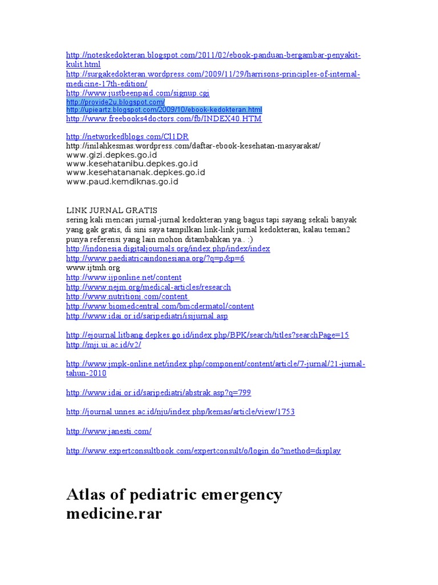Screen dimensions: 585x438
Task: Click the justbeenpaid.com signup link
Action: pyautogui.click(x=137, y=93)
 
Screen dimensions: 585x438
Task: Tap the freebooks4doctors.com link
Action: pyautogui.click(x=164, y=119)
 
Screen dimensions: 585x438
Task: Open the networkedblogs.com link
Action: pyautogui.click(x=127, y=137)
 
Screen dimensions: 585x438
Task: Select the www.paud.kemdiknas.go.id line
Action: pyautogui.click(x=122, y=182)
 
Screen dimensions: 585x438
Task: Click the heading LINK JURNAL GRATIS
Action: pyautogui.click(x=112, y=210)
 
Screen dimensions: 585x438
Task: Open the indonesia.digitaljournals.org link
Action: pyautogui.click(x=168, y=249)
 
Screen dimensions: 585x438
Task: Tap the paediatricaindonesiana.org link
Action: pyautogui.click(x=155, y=258)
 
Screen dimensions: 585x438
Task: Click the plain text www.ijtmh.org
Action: pyautogui.click(x=93, y=267)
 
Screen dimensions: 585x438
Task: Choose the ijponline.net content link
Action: pyautogui.click(x=124, y=278)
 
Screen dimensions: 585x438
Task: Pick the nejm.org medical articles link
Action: pyautogui.click(x=148, y=287)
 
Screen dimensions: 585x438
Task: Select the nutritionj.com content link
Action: pyautogui.click(x=127, y=297)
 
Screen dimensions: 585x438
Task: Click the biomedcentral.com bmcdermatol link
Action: pyautogui.click(x=160, y=306)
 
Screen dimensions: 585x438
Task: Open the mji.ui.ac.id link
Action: pyautogui.click(x=103, y=345)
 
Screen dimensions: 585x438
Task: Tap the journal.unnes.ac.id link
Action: pyautogui.click(x=180, y=412)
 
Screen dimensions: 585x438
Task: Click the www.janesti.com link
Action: pyautogui.click(x=108, y=431)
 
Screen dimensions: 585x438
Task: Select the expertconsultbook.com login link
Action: pyautogui.click(x=203, y=451)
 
